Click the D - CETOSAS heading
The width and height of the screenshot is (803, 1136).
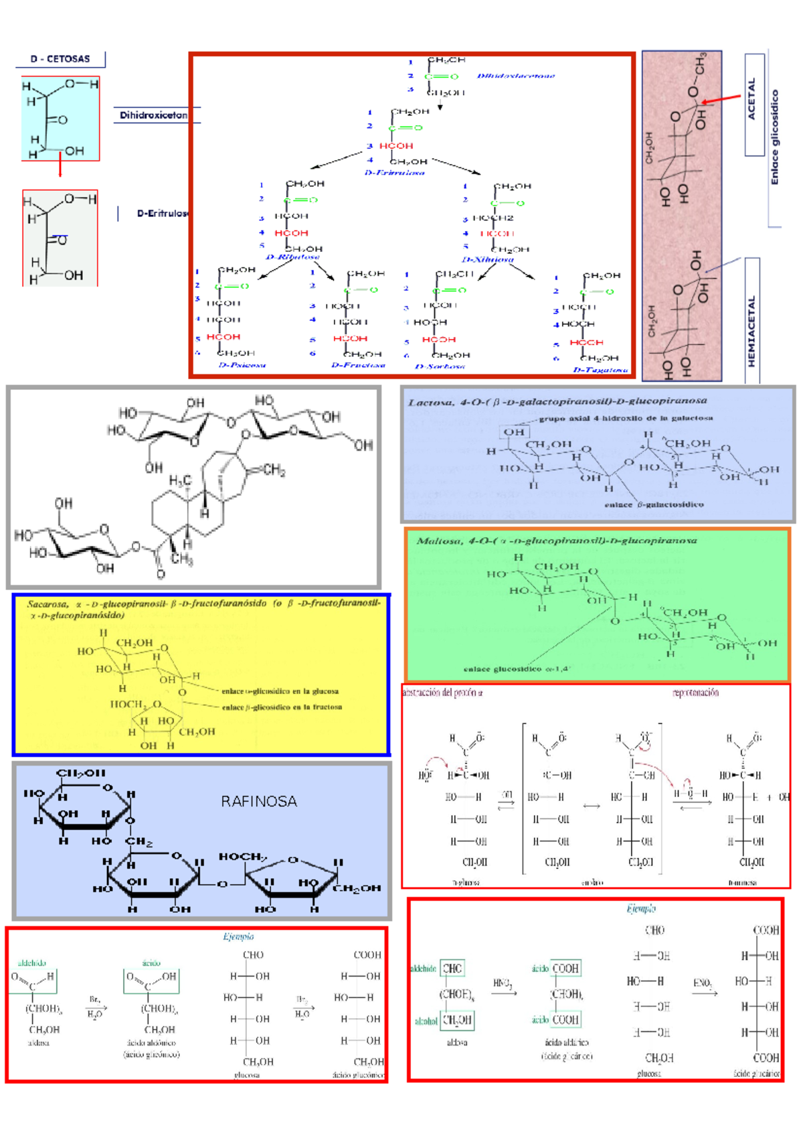(x=60, y=59)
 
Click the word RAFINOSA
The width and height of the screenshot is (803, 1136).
(x=259, y=801)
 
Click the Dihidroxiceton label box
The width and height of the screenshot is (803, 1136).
(x=153, y=115)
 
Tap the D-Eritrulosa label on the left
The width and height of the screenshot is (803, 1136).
(x=163, y=214)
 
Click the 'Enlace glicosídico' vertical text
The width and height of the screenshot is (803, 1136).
(x=775, y=137)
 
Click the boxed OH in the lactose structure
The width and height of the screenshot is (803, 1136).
(x=514, y=432)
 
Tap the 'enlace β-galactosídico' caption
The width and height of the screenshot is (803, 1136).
(x=654, y=504)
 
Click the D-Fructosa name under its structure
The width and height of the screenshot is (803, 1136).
(x=358, y=365)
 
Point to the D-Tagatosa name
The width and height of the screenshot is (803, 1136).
(x=600, y=370)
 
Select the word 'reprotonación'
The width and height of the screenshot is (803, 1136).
(x=695, y=693)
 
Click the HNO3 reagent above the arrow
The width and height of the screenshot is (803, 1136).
(x=503, y=983)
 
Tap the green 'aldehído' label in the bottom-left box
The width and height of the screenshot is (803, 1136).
(x=31, y=963)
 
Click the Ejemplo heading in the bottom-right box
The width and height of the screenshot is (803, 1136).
(x=640, y=909)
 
